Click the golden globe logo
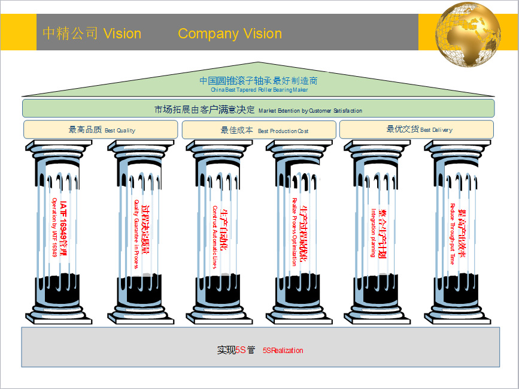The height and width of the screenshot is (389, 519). [468, 34]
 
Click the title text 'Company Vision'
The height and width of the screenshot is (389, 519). [230, 34]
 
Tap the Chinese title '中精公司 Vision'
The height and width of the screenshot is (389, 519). [92, 34]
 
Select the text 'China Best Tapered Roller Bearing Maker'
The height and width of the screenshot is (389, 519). [259, 90]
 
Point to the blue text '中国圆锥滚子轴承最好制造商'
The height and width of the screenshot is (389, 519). [259, 80]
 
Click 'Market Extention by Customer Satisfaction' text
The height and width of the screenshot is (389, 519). [310, 111]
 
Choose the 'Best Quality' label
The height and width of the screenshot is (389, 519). [120, 130]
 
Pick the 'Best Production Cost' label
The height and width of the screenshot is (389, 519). [283, 131]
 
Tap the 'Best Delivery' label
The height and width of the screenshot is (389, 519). [436, 130]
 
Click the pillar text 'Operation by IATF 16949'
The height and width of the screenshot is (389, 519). [54, 228]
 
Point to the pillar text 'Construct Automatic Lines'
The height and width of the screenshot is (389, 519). [215, 237]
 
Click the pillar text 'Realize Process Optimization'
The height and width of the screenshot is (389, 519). [295, 231]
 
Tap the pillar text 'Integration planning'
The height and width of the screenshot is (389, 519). [373, 233]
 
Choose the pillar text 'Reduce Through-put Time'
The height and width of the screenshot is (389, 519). [453, 234]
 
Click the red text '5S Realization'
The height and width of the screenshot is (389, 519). [283, 351]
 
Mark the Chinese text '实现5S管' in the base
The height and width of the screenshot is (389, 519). [236, 350]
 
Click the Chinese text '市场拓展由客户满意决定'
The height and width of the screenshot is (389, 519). [205, 110]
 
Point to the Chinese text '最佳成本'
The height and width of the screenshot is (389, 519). [236, 129]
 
